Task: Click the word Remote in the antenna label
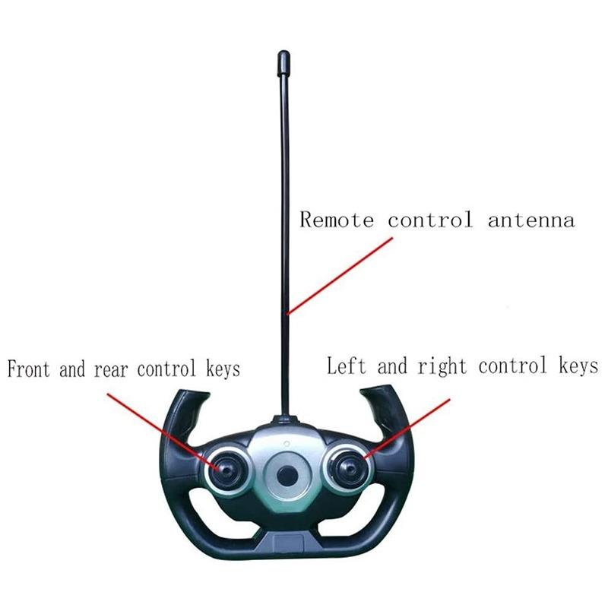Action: pos(337,219)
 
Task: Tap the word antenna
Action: pos(531,220)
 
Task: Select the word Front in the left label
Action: pos(29,369)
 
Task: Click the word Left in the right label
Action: pos(347,366)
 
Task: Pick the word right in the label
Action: pos(442,366)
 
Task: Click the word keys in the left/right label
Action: pos(578,366)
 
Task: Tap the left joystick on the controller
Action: pos(226,470)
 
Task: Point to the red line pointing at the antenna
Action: pos(340,276)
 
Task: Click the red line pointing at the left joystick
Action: pos(164,431)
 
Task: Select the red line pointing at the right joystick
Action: pos(407,429)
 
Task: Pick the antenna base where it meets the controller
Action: pos(286,420)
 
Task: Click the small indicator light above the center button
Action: pos(287,444)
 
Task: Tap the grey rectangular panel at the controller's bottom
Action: pos(288,541)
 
